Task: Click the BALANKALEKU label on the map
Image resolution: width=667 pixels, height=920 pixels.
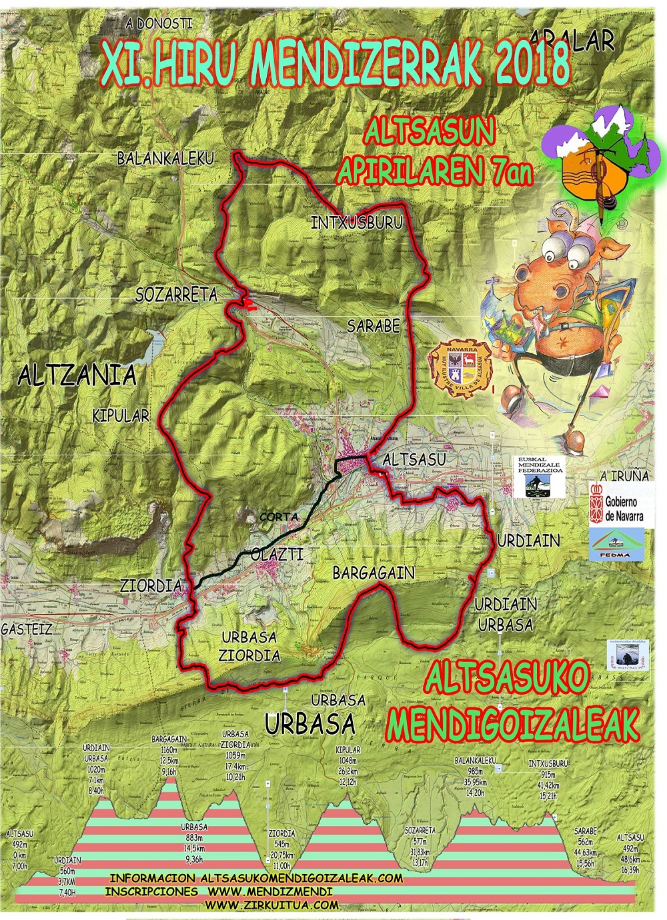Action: [x=165, y=159]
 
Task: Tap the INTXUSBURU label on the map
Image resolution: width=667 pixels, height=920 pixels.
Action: [x=357, y=223]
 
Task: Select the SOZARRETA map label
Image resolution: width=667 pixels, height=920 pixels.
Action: [x=177, y=295]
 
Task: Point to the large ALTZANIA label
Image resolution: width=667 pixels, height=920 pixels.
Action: [x=77, y=375]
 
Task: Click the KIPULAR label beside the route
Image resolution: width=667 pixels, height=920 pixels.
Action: [x=121, y=416]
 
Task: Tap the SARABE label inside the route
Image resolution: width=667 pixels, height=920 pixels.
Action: [x=374, y=325]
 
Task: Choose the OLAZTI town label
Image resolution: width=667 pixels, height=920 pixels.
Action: [x=277, y=554]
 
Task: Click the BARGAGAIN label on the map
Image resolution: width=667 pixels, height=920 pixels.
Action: [x=374, y=573]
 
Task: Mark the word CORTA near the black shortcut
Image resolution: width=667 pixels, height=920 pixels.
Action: [x=279, y=517]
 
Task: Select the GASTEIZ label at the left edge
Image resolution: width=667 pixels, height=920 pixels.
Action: [x=26, y=629]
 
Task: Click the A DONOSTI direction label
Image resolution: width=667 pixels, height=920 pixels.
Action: [x=159, y=23]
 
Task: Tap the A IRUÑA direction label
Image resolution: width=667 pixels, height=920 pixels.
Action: [x=624, y=476]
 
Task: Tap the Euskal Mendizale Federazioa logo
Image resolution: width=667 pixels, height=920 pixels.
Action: [x=541, y=477]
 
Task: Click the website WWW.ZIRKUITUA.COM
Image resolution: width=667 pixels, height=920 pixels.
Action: [x=271, y=905]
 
